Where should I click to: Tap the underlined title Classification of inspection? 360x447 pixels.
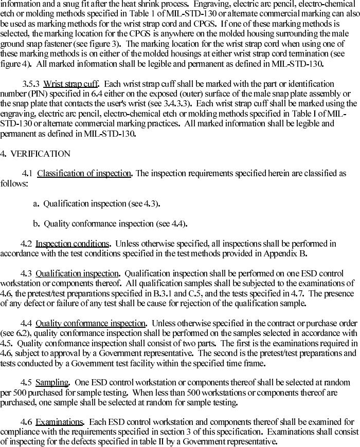tap(84, 174)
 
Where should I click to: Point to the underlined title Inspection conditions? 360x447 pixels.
tap(72, 244)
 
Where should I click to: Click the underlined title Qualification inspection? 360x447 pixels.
tap(77, 273)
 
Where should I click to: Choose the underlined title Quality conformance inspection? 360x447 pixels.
tap(91, 323)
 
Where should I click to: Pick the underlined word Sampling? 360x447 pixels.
tap(52, 383)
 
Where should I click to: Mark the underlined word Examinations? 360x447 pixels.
tap(59, 422)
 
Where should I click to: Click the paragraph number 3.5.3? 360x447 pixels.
tap(31, 84)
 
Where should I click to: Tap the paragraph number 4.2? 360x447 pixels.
tap(26, 244)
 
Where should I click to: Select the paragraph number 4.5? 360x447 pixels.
tap(26, 383)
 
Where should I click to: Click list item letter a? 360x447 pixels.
tap(36, 203)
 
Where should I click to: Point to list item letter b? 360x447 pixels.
tap(36, 223)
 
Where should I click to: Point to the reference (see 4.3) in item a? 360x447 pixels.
tap(144, 203)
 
